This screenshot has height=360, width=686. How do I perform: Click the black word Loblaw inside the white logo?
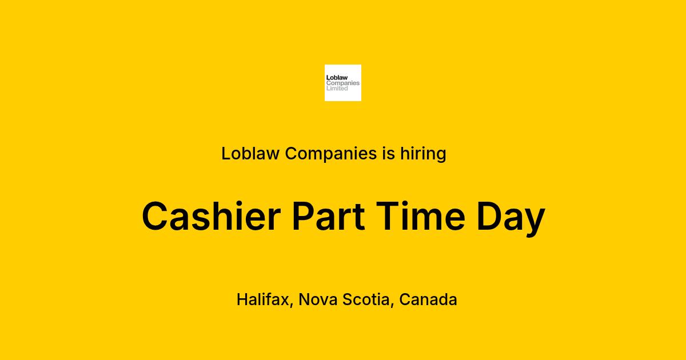pyautogui.click(x=337, y=78)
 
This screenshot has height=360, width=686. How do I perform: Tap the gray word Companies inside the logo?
pyautogui.click(x=343, y=83)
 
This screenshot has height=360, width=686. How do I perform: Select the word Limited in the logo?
pyautogui.click(x=337, y=89)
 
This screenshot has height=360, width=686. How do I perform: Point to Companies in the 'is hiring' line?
pyautogui.click(x=331, y=154)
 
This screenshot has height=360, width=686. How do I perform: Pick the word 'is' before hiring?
pyautogui.click(x=388, y=153)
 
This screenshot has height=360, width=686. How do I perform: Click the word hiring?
pyautogui.click(x=423, y=154)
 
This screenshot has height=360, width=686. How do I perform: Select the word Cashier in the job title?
pyautogui.click(x=212, y=216)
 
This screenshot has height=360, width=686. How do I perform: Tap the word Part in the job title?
pyautogui.click(x=329, y=216)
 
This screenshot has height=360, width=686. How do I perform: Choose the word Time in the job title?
pyautogui.click(x=421, y=216)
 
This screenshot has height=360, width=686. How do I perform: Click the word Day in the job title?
pyautogui.click(x=511, y=218)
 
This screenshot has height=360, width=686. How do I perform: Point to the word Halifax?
pyautogui.click(x=263, y=299)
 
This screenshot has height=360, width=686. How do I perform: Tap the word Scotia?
pyautogui.click(x=366, y=299)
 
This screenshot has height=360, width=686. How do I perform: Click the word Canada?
pyautogui.click(x=428, y=299)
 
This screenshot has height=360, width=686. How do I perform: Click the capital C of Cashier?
pyautogui.click(x=155, y=216)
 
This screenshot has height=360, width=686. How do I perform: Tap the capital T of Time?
pyautogui.click(x=388, y=216)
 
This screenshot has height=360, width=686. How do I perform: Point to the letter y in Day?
pyautogui.click(x=534, y=222)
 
